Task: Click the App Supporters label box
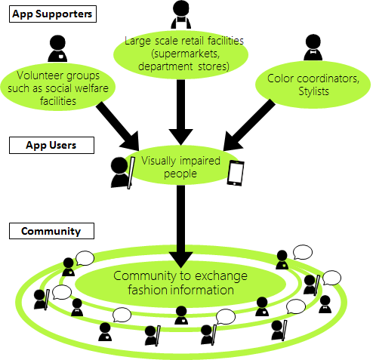53,14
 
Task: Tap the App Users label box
51,145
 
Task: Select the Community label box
51,231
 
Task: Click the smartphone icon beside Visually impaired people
236,173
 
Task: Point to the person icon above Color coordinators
313,48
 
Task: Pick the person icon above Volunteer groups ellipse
57,48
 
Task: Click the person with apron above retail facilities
181,14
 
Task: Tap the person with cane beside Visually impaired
122,173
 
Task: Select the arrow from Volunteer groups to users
118,126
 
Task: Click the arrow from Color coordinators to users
248,125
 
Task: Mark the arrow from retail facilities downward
180,112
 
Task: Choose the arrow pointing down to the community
180,226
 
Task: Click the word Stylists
313,91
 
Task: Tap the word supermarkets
186,54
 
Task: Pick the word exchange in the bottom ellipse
221,276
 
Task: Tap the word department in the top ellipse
165,66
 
